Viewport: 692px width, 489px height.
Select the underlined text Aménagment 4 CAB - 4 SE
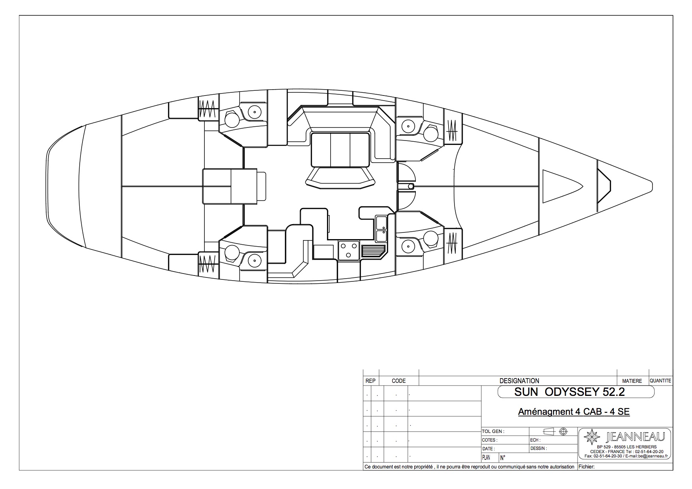click(574, 412)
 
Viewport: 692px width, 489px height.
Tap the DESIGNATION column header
click(519, 381)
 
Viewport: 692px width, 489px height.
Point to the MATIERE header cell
click(632, 381)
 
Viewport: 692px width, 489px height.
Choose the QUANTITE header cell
click(660, 381)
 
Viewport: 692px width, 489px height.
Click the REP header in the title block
click(370, 381)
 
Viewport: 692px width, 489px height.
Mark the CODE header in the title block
click(398, 381)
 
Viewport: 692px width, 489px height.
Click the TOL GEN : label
click(493, 432)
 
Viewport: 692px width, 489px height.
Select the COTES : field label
click(490, 440)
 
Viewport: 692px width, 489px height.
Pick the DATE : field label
click(488, 449)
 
